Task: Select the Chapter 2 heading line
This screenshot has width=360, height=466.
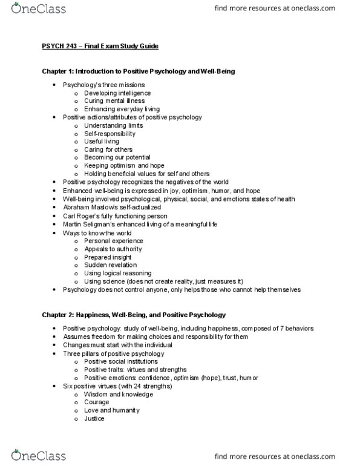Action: (134, 315)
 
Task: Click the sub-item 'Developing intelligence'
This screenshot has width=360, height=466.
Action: (117, 93)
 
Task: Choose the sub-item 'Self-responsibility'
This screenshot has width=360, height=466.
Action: (110, 133)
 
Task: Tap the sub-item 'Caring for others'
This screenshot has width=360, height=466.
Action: (108, 149)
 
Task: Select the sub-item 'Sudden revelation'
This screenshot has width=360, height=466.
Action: (110, 265)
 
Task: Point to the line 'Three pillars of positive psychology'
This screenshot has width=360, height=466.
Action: (113, 353)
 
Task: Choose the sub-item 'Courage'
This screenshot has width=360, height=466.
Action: (97, 402)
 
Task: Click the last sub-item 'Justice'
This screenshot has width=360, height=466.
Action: (94, 419)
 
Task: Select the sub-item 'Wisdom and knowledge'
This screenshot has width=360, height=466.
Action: (119, 394)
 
